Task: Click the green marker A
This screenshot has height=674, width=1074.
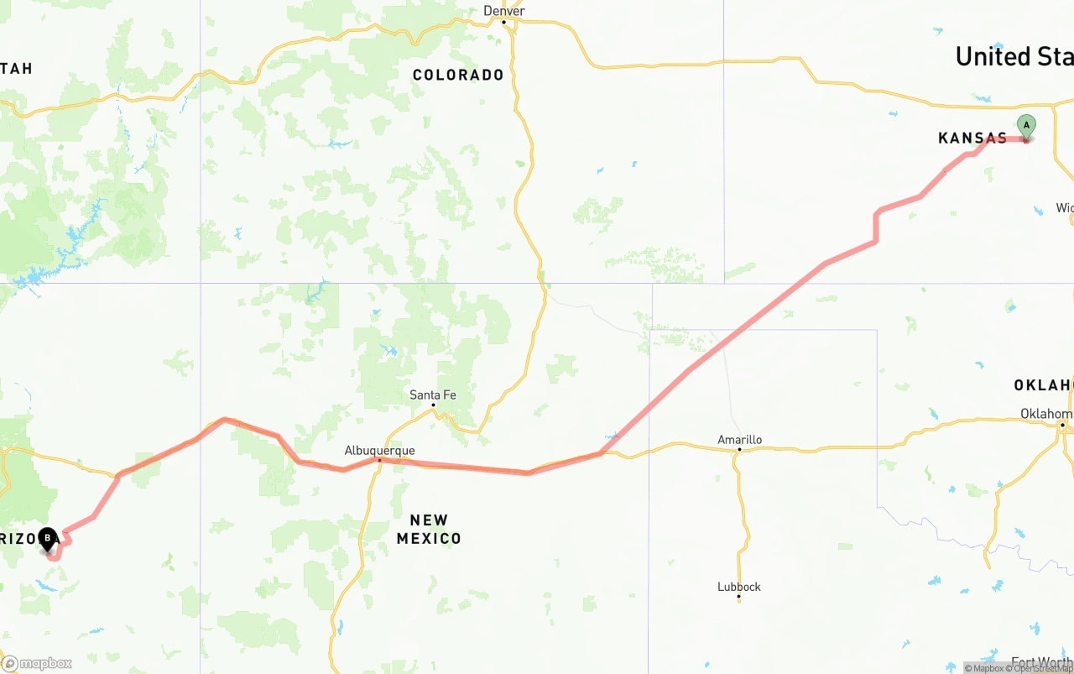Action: coord(1025,127)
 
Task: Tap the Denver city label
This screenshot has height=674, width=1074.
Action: coord(504,11)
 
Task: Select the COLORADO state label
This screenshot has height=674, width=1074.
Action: coord(458,76)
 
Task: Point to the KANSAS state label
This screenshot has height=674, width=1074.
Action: coord(972,138)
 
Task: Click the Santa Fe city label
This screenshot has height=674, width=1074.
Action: coord(433,394)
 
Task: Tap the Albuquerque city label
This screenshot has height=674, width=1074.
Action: coord(379,451)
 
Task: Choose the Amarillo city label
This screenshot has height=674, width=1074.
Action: coord(739,440)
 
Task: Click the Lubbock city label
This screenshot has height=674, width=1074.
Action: coord(739,587)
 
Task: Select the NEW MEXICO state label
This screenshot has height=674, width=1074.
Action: coord(429,530)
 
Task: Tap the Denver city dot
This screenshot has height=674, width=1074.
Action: coord(504,22)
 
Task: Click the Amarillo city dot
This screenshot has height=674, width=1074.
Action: coord(739,450)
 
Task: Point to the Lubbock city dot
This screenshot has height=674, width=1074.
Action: coord(739,597)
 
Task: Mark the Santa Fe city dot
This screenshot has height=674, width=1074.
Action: coord(434,405)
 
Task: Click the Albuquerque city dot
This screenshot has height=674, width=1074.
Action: coord(379,460)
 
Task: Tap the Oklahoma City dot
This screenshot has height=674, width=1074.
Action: coord(1062,425)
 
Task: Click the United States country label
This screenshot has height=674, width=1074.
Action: coord(1014,57)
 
